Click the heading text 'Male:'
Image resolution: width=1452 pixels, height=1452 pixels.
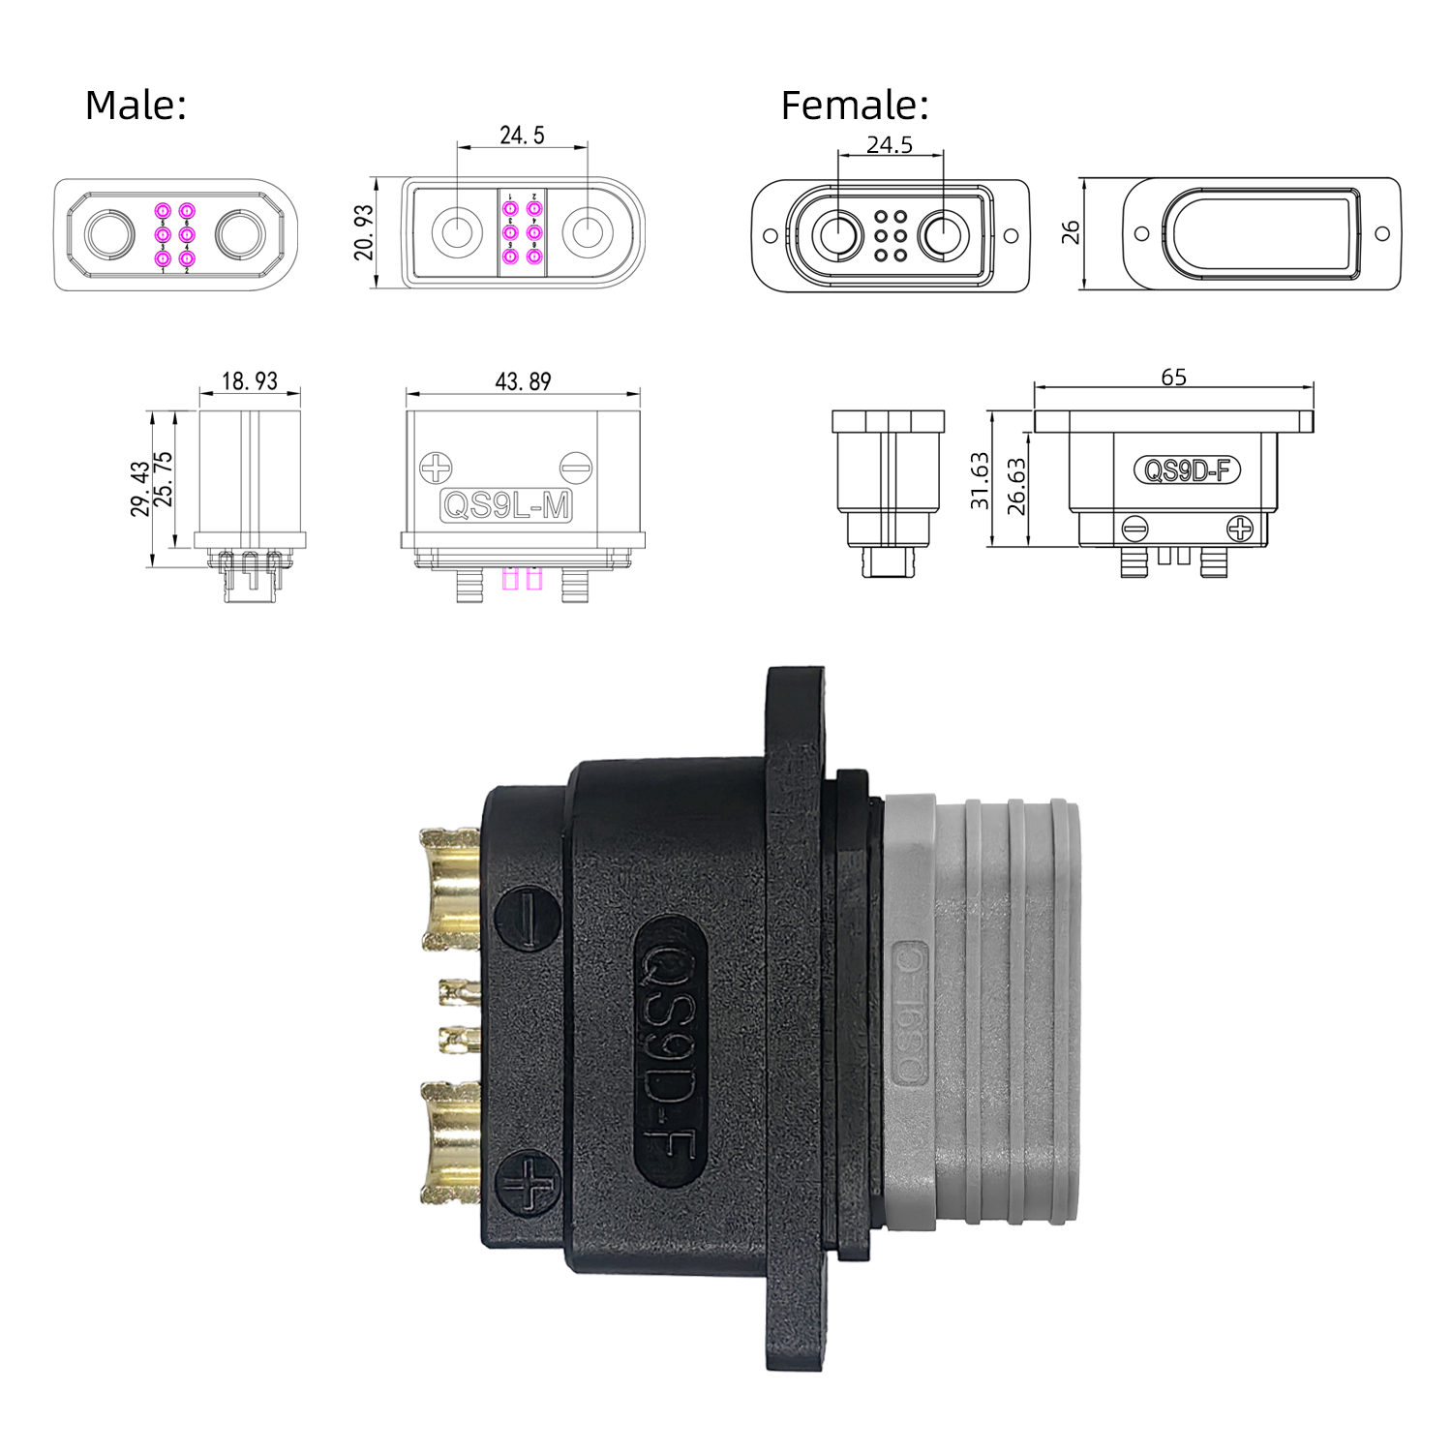click(136, 105)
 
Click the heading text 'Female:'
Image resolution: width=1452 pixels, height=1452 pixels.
click(854, 105)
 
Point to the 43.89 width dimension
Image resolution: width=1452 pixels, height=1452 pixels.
click(523, 381)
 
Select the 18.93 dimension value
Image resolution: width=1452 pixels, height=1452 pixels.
click(249, 380)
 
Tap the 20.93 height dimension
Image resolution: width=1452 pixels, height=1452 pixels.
click(363, 232)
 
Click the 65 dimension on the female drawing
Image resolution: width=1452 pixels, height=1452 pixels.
click(1173, 377)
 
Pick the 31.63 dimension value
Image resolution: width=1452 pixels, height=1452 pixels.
click(980, 480)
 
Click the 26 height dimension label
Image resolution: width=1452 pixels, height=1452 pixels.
click(1070, 232)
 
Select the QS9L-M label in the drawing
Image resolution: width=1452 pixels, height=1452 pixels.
click(506, 505)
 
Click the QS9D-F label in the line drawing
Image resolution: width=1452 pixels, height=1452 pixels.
click(1187, 470)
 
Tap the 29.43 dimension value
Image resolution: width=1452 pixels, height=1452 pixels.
click(140, 489)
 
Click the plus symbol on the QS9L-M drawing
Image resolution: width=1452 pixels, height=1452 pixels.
click(436, 469)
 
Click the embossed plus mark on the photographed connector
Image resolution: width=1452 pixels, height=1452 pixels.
click(528, 1184)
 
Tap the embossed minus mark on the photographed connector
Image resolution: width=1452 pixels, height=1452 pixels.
click(528, 919)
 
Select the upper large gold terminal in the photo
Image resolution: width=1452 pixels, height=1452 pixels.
click(452, 889)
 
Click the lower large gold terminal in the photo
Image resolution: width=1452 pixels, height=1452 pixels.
click(452, 1143)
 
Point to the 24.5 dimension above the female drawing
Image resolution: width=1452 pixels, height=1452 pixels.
click(889, 144)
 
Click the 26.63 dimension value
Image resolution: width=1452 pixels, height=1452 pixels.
click(1015, 486)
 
